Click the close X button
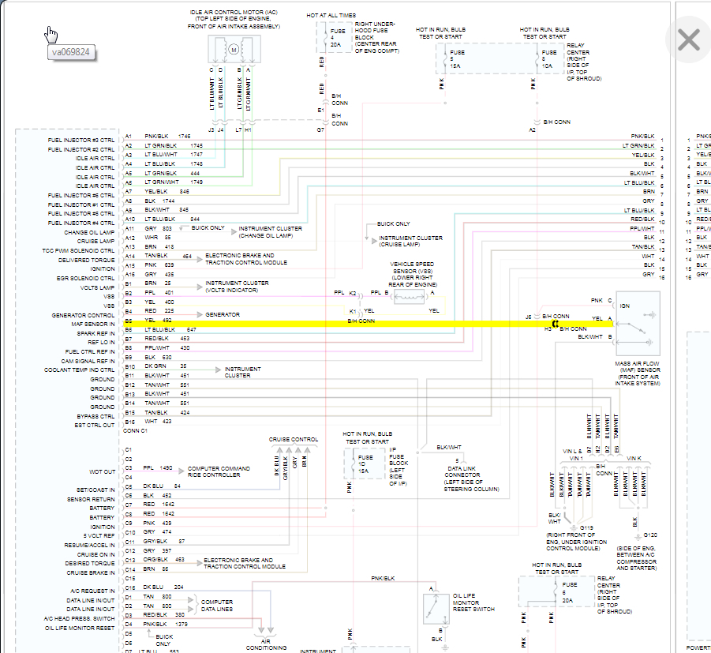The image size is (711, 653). pos(688,40)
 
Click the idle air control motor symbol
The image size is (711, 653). pos(233,50)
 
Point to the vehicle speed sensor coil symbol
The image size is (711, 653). pos(410,296)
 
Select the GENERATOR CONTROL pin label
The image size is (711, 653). pos(84,315)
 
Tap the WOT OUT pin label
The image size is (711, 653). pos(102,471)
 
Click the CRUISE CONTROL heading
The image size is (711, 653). pos(294,439)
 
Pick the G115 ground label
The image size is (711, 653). pos(586,527)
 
